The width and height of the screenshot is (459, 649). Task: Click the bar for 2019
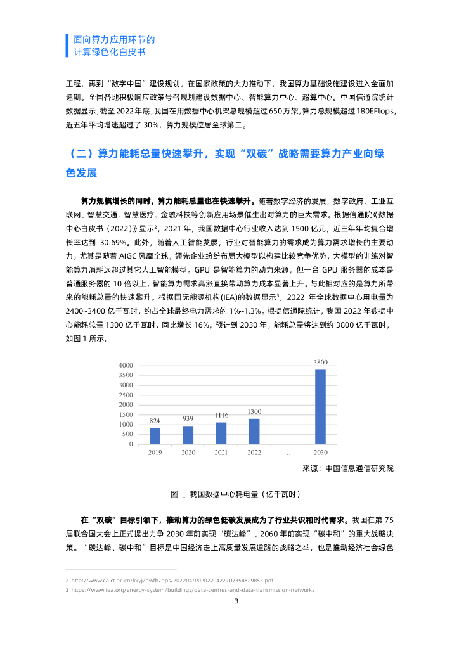155,436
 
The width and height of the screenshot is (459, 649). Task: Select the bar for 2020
188,435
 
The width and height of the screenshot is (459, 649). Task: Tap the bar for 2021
221,433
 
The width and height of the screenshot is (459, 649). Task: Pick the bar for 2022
254,431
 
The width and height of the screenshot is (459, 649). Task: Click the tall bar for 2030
320,406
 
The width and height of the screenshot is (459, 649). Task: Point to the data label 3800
320,362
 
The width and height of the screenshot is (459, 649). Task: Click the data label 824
155,421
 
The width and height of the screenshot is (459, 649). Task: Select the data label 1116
221,414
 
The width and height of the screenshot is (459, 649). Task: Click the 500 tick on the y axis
127,434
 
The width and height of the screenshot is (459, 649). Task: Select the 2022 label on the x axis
254,453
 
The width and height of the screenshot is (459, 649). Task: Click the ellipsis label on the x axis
287,453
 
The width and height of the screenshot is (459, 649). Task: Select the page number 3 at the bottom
236,601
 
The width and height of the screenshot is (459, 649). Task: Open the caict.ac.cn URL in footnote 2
172,580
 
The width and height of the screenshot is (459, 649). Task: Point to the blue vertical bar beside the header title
67,45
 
